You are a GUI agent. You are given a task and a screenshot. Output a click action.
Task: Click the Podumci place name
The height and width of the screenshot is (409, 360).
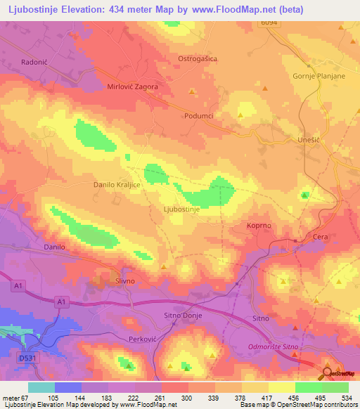click(x=198, y=116)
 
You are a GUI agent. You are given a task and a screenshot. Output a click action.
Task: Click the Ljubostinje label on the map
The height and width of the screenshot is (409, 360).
click(x=182, y=209)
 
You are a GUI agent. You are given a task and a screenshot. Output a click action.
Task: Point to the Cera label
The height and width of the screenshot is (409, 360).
click(x=321, y=238)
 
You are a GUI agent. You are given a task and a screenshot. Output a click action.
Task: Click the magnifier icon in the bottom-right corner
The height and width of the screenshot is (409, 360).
click(x=328, y=374)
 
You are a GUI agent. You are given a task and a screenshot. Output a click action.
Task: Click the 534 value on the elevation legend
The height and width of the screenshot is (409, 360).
click(x=345, y=398)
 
